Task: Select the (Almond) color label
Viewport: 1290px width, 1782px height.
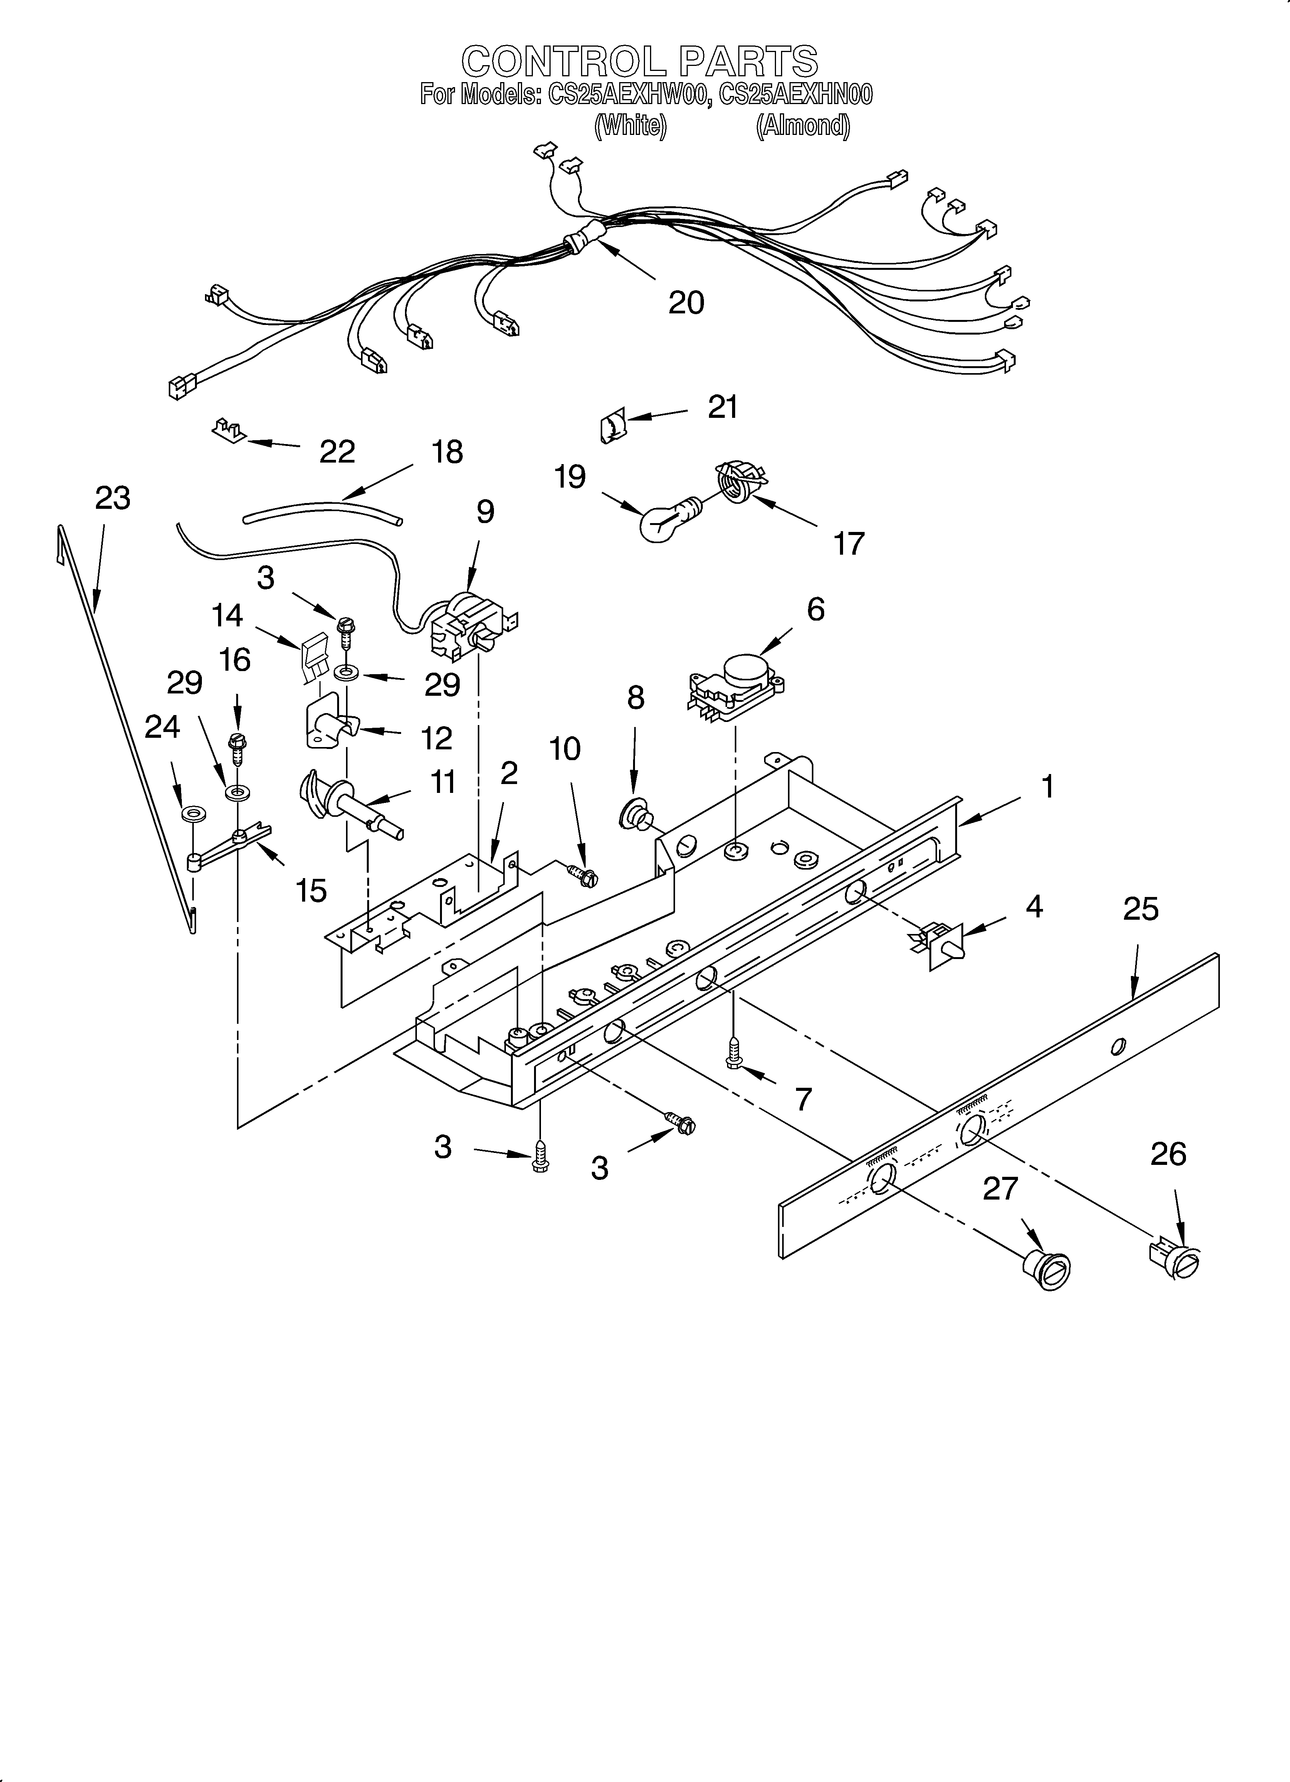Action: point(802,126)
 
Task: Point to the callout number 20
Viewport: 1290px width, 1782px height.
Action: point(686,303)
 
